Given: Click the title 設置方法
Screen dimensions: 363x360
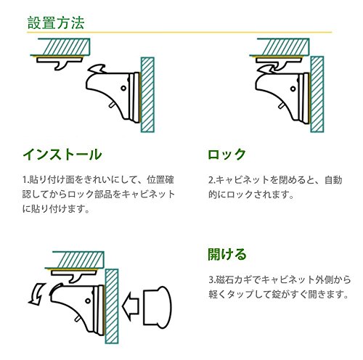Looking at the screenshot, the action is coord(56,23).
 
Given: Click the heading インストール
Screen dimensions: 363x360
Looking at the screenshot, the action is coord(62,155).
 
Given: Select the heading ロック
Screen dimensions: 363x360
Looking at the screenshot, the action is coord(227,155).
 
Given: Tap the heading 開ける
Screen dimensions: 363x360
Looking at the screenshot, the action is coord(227,254).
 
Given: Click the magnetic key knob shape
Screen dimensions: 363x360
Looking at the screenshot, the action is coord(158,307).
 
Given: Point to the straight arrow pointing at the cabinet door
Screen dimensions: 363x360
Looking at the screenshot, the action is coord(131,306).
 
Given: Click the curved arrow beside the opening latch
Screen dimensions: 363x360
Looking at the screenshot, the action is coord(37,293).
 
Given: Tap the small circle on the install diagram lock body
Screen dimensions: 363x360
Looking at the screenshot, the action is coord(123,88).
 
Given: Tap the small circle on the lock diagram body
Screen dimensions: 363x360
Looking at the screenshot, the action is coord(293,89).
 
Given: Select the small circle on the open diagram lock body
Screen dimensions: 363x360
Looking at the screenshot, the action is coord(88,301).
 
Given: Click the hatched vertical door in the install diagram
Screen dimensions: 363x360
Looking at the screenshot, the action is coord(147,94).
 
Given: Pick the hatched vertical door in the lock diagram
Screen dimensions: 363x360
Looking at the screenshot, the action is coord(317,94).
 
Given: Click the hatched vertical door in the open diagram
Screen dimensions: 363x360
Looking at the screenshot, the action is coord(112,306).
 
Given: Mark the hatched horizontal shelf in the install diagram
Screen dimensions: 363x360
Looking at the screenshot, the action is coord(60,47).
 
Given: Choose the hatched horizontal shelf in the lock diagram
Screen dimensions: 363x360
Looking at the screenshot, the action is coord(280,47).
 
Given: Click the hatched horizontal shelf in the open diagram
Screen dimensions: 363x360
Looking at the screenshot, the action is coord(75,260).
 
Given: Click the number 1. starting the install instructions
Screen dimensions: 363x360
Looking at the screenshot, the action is coord(26,180).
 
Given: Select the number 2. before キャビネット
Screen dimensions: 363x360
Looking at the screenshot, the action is coord(212,180).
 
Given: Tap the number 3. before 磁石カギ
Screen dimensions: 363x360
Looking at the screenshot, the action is coord(212,279).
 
